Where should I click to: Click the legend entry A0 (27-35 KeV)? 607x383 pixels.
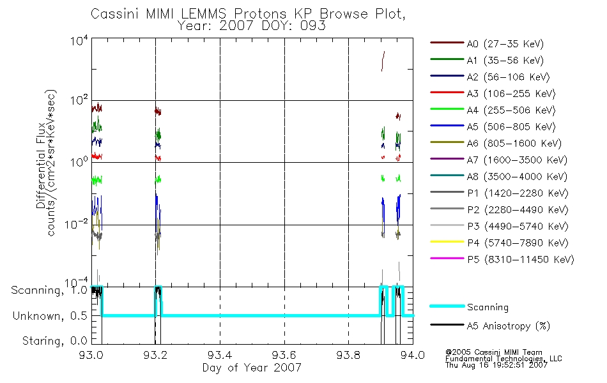[487, 43]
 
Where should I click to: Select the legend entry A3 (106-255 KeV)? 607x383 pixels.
[493, 94]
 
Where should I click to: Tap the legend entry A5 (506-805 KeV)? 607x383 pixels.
[493, 127]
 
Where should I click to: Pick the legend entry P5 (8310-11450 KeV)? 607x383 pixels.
[502, 260]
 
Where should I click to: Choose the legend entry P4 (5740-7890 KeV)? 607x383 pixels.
[499, 243]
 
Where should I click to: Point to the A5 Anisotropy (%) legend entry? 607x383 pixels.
[489, 326]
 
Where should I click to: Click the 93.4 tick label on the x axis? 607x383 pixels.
[220, 355]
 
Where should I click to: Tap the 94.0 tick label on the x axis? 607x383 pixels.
[413, 355]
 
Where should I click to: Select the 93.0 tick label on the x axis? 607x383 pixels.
[91, 355]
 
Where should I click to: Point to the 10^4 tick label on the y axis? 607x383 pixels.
[79, 40]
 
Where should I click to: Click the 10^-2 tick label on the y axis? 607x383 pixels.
[76, 225]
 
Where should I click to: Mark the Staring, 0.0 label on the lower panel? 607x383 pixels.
[54, 341]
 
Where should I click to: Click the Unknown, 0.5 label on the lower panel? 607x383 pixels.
[50, 316]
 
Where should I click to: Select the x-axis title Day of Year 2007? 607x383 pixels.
[252, 368]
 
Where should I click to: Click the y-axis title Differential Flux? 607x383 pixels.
[41, 166]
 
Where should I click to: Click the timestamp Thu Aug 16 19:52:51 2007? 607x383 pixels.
[496, 365]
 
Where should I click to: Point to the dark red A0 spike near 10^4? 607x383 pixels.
[383, 61]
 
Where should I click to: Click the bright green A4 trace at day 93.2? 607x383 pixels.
[158, 179]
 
